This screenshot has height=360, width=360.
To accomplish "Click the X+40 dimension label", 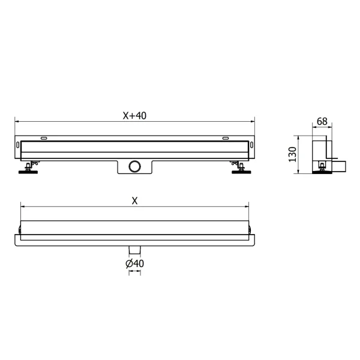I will coord(134,116).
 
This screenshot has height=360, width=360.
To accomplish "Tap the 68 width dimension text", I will coord(322,121).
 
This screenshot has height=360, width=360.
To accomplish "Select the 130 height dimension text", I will coord(292,154).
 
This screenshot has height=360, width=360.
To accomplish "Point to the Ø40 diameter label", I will coord(134,263).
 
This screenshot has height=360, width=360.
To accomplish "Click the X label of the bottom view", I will coord(134,201).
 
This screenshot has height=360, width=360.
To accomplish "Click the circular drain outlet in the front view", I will coord(134,166).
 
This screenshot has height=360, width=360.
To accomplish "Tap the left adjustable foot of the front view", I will coord(28,168).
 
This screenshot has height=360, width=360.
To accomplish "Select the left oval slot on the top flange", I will coord(44,139).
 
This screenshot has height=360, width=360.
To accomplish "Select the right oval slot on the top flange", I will coord(225,139).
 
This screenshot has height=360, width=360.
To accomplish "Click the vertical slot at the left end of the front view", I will coord(18,146).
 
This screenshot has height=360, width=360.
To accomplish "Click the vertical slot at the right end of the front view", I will coord(251,146).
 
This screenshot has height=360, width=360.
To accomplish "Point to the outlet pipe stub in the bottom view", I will coord(134,250).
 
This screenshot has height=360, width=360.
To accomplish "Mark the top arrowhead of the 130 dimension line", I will coord(300,136).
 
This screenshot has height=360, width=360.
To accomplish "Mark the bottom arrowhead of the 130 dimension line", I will coord(300,173).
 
